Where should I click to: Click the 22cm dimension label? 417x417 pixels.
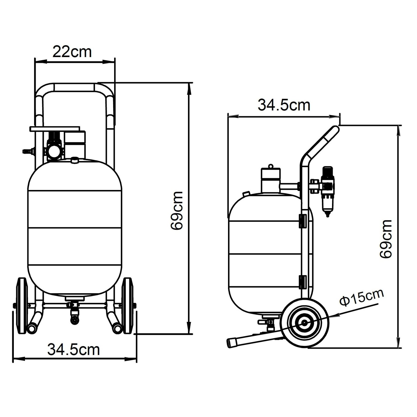[x=72, y=52]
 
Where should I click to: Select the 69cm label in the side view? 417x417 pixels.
[x=386, y=239]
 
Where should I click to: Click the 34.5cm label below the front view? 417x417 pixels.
[x=73, y=349]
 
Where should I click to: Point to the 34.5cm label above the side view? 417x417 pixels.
[x=284, y=105]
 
